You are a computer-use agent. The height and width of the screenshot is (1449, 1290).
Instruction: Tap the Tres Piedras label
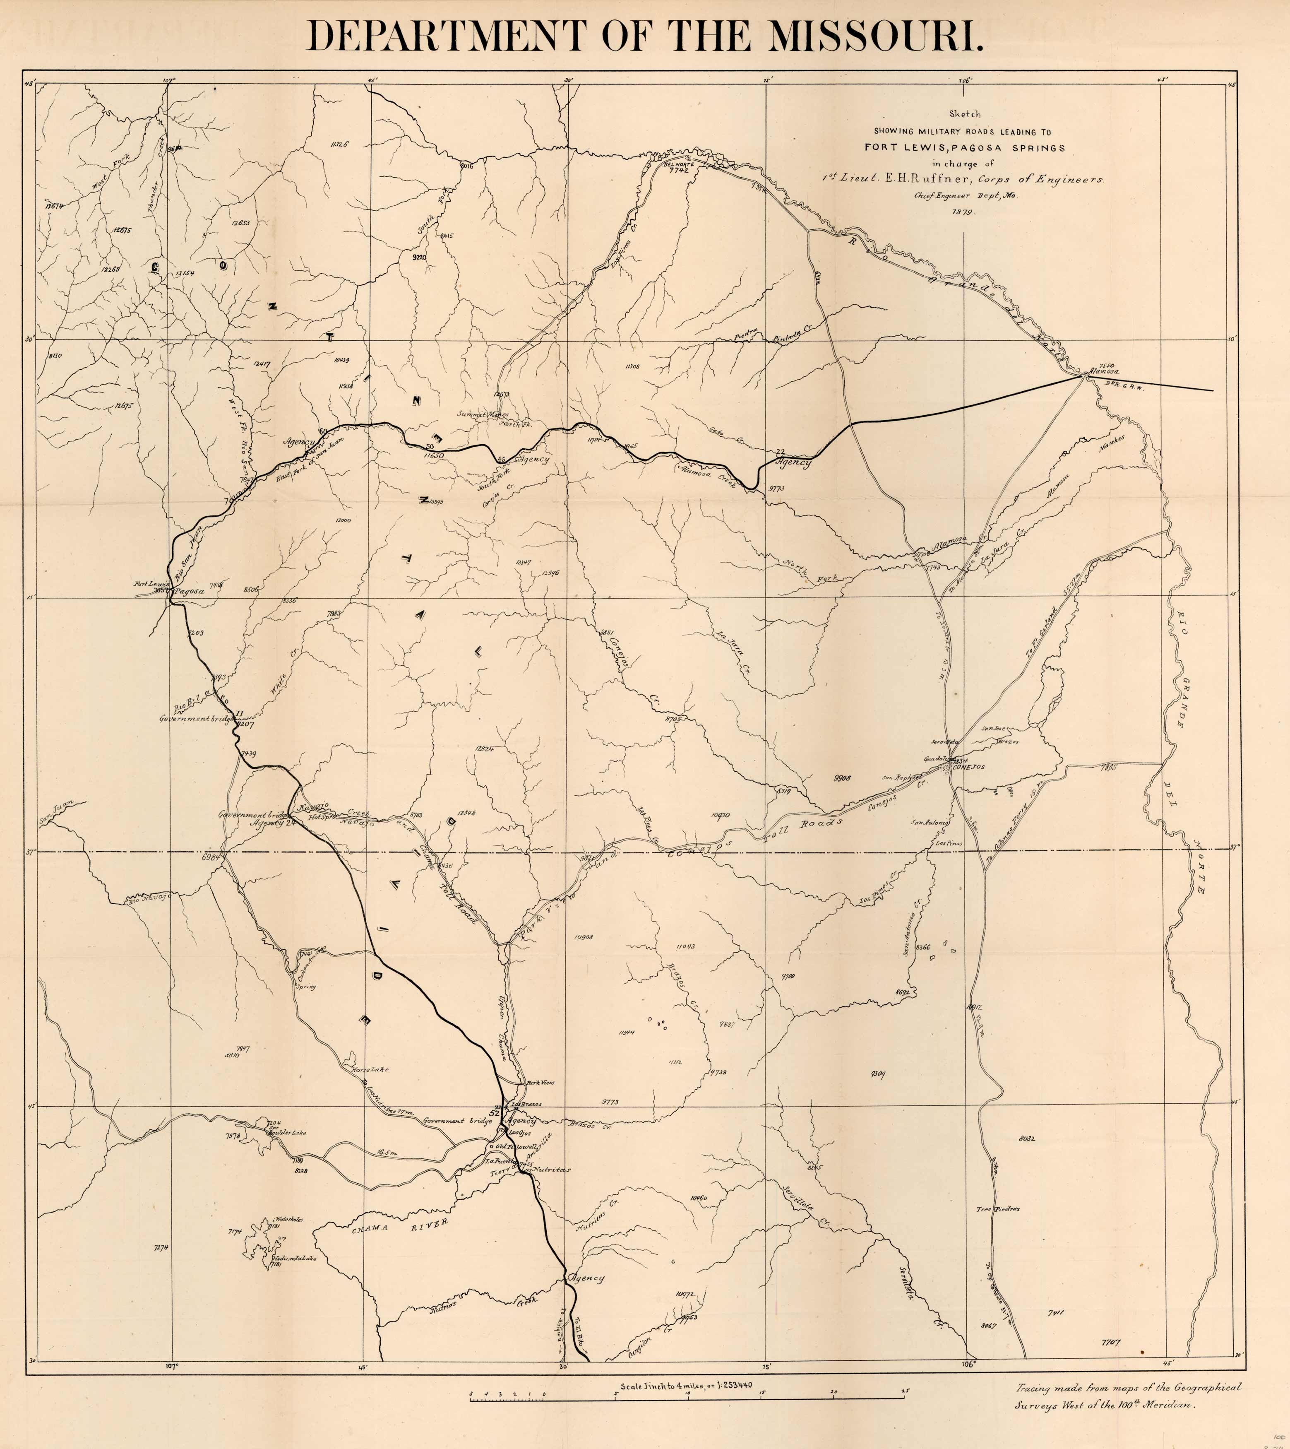pos(997,1209)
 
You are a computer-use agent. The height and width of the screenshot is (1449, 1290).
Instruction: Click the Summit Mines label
pos(482,414)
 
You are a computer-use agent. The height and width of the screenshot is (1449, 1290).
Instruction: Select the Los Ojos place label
pos(520,1134)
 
